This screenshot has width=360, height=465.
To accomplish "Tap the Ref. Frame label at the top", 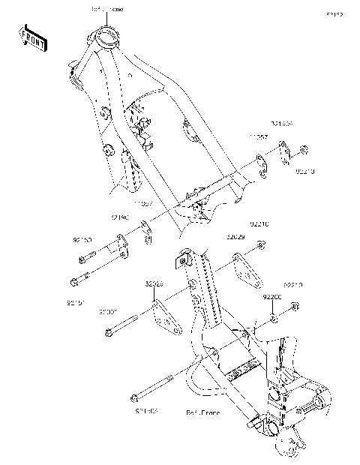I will coord(107,9).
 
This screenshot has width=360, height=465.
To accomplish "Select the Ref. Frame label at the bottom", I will coord(202,412).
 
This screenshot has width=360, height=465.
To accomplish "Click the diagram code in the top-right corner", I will coord(333,14).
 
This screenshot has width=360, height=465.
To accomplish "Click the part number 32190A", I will coord(282,124).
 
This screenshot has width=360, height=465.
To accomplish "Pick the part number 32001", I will coord(110,310).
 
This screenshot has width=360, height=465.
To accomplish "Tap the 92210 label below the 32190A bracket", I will coord(304,172).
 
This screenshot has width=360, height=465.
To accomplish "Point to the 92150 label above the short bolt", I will coord(82,240).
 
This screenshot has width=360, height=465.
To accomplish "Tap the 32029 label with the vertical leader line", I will coord(236,237).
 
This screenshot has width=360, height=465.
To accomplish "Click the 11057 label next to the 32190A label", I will coord(259,137).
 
